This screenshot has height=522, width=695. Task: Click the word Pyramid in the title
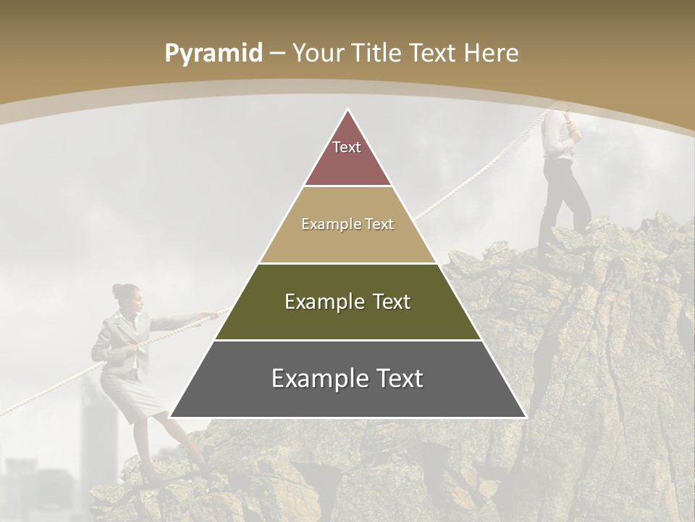tap(213, 54)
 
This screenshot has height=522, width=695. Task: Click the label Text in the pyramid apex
tap(347, 147)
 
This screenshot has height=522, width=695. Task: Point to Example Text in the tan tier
tap(347, 224)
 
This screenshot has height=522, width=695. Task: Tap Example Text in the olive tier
tap(347, 302)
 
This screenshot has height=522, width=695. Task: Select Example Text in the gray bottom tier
tap(347, 378)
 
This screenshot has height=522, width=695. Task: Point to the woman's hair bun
tap(117, 289)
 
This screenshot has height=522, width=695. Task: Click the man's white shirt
tap(555, 134)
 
